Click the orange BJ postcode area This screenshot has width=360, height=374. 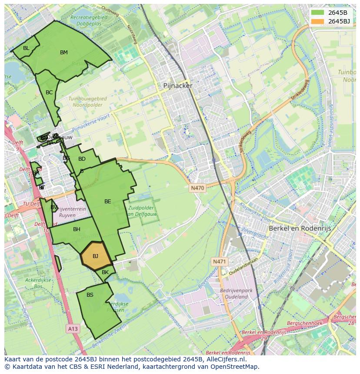(x=96, y=254)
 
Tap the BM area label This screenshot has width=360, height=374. (x=64, y=53)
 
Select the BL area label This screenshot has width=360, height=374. (x=26, y=48)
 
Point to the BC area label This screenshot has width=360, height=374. (x=49, y=93)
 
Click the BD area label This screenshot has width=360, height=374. (x=82, y=159)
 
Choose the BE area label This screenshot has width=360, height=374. (x=107, y=202)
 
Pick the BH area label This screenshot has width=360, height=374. (x=77, y=229)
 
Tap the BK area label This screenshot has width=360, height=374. (x=105, y=272)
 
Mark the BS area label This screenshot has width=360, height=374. (x=90, y=295)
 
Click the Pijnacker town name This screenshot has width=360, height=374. (x=177, y=86)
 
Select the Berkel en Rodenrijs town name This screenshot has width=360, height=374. (x=300, y=228)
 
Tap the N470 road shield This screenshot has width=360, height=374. (x=197, y=188)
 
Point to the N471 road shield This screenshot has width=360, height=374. (x=219, y=261)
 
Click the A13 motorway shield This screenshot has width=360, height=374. (x=73, y=329)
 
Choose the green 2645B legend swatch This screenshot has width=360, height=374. (x=318, y=13)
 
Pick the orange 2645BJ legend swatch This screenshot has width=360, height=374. (x=318, y=21)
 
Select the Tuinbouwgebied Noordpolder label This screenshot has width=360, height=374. (x=87, y=102)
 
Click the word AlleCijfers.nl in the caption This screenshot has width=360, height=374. (x=226, y=359)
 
